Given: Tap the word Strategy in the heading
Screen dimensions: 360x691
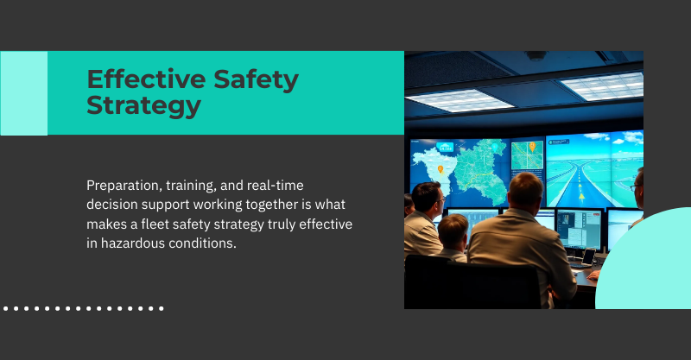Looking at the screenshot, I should (143, 106).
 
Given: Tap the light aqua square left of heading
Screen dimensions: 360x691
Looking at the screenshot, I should (23, 93).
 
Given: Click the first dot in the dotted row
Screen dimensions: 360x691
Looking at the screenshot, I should (6, 307).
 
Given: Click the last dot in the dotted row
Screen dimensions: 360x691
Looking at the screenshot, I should (161, 307).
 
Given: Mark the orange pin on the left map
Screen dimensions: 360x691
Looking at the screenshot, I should (440, 169).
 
